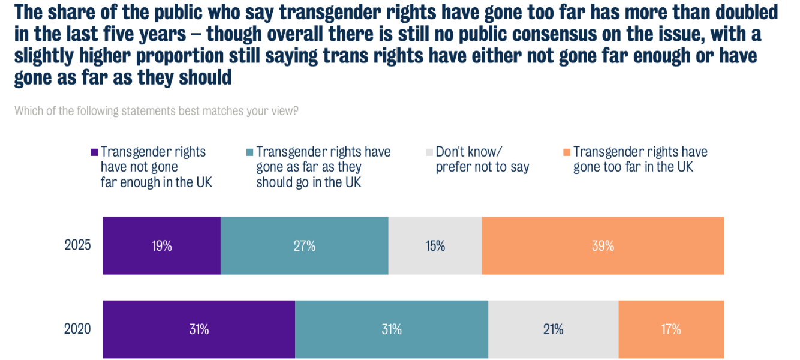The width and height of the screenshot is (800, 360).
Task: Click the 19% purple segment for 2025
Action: coord(162,245)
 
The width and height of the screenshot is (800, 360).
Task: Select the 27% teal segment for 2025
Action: coord(305,245)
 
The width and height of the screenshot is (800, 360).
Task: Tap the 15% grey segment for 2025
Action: coord(435,245)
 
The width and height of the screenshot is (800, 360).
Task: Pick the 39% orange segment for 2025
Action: coord(603,245)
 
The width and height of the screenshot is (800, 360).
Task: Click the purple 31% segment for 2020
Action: coord(199,329)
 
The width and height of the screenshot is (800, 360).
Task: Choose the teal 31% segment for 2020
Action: coord(392,329)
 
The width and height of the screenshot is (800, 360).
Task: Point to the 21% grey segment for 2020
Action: coord(553,329)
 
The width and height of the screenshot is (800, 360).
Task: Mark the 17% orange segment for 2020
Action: coord(671,329)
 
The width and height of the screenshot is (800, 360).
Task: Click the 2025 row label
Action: coord(78,245)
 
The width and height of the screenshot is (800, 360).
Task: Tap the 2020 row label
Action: coord(78,329)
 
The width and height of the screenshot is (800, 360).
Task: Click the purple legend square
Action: coord(94,152)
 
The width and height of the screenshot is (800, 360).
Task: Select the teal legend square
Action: coord(250,152)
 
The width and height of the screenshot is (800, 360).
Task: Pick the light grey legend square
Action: coord(429,152)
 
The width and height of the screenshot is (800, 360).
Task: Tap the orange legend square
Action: coord(566,152)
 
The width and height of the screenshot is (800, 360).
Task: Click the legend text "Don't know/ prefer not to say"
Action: coord(482,160)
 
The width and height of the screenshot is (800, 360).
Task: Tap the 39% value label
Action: coord(603,245)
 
